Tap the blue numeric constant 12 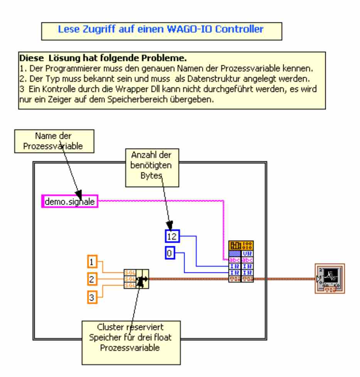(x=170, y=235)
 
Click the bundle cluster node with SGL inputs (x=136, y=279)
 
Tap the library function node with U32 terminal (x=241, y=262)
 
